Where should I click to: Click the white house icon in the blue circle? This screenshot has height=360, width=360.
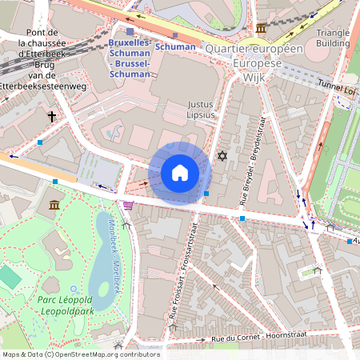pyautogui.click(x=180, y=173)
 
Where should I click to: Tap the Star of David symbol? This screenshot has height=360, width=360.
pyautogui.click(x=222, y=155)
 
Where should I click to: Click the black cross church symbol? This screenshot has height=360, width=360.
pyautogui.click(x=52, y=117)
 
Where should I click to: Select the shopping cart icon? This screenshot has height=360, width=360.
pyautogui.click(x=128, y=206)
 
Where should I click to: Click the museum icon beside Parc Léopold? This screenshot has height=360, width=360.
pyautogui.click(x=54, y=206)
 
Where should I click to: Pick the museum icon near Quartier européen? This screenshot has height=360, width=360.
pyautogui.click(x=261, y=29)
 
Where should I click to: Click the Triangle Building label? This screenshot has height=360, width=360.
pyautogui.click(x=333, y=38)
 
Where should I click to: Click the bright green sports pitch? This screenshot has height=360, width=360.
pyautogui.click(x=9, y=278)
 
